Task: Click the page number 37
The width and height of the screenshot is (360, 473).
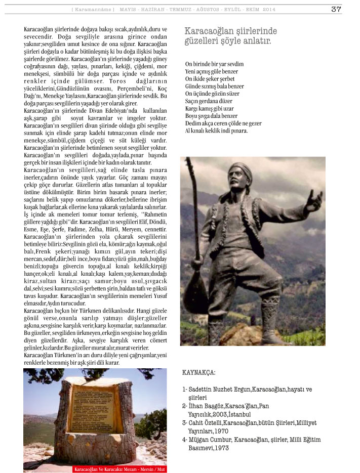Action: click(336, 9)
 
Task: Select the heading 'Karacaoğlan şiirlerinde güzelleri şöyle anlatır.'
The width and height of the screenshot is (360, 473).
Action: click(228, 36)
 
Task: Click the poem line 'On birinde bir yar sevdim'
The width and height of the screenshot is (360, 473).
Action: click(214, 64)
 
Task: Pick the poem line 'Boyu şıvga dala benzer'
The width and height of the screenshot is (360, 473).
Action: click(211, 116)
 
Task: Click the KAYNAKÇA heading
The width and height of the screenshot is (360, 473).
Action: click(198, 373)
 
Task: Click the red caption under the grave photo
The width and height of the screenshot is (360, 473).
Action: click(119, 469)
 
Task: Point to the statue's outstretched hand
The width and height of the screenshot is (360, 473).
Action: click(314, 201)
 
